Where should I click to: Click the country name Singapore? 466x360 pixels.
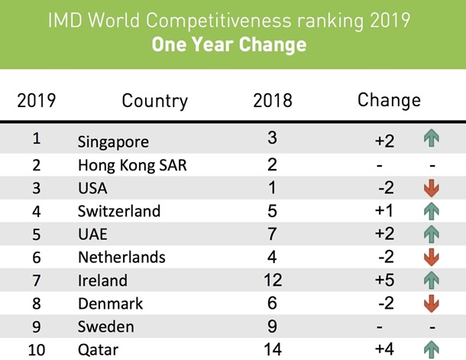(113, 141)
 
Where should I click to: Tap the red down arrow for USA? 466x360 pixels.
(432, 188)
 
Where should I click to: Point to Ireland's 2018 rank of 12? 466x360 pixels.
(273, 281)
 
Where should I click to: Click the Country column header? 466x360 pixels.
(154, 100)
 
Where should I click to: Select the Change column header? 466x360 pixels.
(389, 100)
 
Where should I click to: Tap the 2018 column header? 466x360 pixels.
(273, 100)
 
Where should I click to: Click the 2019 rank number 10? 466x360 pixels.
(36, 350)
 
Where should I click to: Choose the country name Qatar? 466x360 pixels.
(99, 351)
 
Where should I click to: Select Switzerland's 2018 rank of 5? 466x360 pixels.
(273, 211)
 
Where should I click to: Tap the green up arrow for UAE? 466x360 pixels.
(432, 234)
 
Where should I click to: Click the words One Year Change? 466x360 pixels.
(229, 44)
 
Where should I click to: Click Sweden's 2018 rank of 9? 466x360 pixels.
(273, 327)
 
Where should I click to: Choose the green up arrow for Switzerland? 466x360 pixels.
(432, 211)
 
